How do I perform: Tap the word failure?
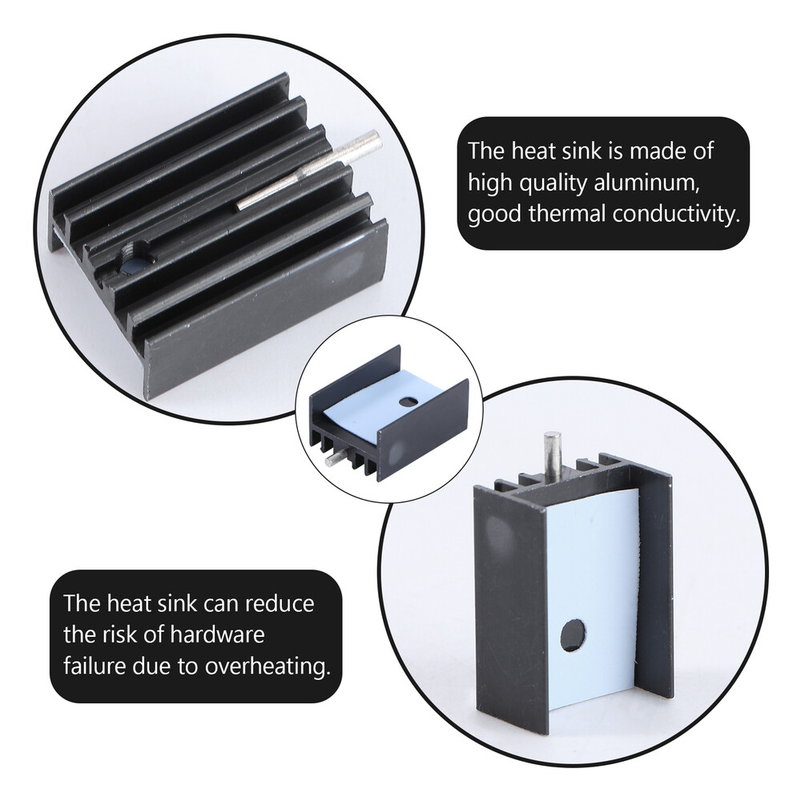click(x=91, y=667)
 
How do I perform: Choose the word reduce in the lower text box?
click(x=280, y=603)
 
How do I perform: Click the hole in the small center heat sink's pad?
click(x=409, y=399)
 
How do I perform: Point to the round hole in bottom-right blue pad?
click(x=572, y=635)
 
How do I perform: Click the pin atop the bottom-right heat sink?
click(x=552, y=457)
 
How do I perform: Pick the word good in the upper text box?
click(x=492, y=215)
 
